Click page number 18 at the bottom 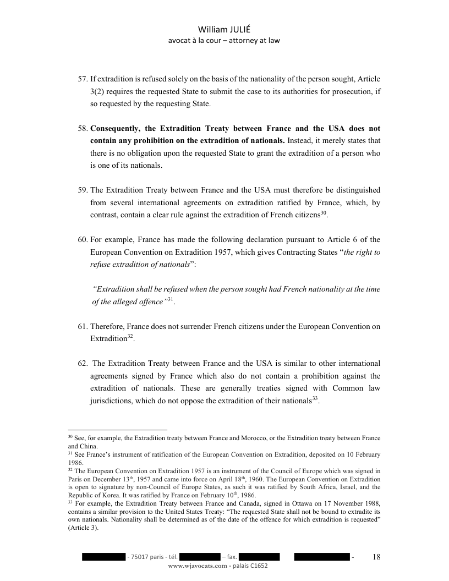[377, 557]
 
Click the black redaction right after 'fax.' [260, 557]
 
